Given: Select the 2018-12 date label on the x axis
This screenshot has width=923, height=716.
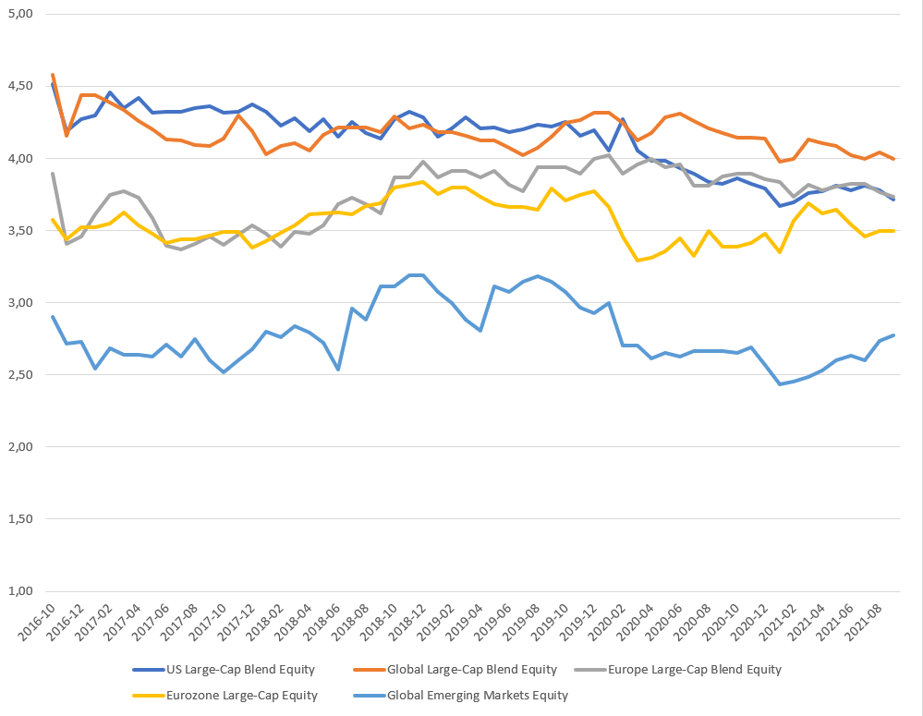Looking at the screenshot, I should point(409,621).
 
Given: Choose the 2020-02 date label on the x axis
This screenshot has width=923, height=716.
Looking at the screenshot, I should point(609,621).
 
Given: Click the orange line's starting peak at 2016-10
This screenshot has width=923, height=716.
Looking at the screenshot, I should point(53,75).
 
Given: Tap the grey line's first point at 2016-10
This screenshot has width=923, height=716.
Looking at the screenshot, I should point(53,174).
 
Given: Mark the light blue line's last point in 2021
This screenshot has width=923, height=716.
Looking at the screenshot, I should point(893,334).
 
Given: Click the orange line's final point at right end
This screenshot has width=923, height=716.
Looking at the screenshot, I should point(893,159).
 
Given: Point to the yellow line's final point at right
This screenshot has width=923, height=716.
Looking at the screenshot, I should point(893,231).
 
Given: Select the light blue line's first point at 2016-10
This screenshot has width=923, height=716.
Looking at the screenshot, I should point(53,317).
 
